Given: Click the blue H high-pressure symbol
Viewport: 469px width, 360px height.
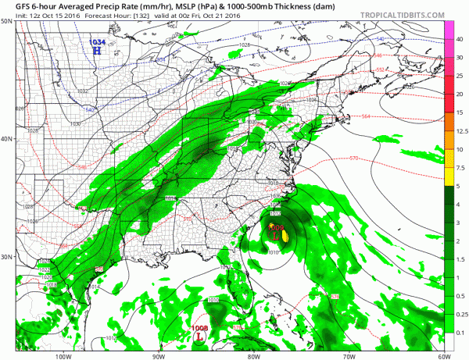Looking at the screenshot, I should [x=98, y=51].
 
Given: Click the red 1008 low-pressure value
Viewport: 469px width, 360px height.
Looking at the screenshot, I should [x=200, y=329].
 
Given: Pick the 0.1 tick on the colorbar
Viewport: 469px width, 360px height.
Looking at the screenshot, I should [x=459, y=332].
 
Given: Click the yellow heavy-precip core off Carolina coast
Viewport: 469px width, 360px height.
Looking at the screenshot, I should [x=285, y=232].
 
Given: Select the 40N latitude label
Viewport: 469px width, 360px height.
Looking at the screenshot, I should [x=7, y=139].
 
